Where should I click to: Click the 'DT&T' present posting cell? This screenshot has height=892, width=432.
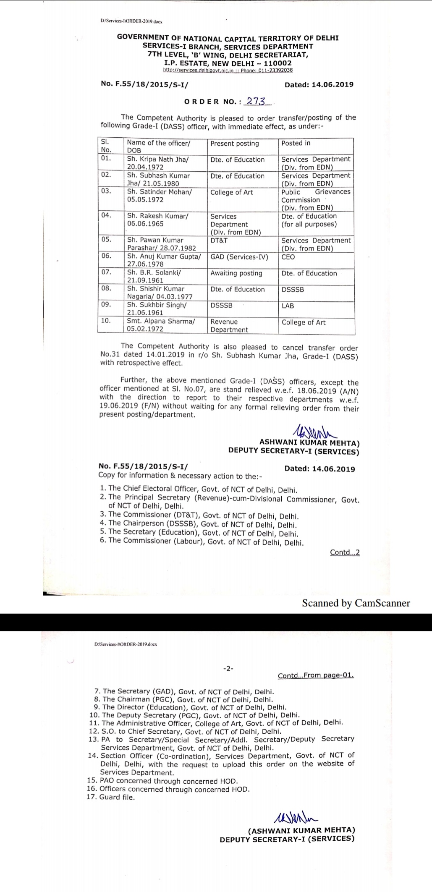point(219,241)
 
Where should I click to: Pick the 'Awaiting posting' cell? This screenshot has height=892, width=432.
point(236,273)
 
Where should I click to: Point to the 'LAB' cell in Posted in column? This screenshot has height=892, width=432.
point(288,306)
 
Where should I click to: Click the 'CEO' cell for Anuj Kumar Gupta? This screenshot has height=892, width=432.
point(288,257)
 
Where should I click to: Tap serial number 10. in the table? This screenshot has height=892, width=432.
point(106,321)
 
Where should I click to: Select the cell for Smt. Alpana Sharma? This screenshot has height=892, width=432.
point(161,325)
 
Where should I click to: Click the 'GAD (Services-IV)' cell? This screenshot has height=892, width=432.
point(239,257)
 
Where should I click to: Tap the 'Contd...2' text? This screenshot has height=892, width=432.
point(345,552)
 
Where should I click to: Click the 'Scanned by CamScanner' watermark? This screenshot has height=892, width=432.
point(356,603)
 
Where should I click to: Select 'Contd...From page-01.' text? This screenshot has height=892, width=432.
point(316,675)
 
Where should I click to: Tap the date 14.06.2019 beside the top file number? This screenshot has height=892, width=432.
point(319,84)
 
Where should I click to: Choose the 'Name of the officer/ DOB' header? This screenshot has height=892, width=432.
point(159,146)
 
